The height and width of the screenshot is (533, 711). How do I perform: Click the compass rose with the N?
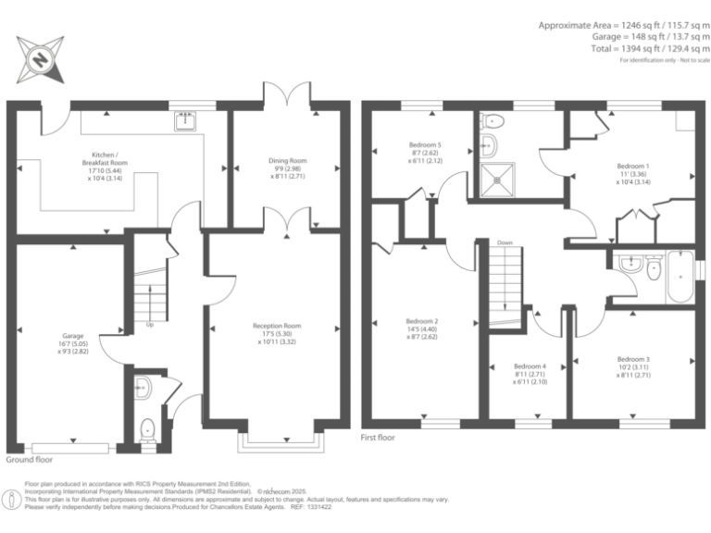click(41, 59)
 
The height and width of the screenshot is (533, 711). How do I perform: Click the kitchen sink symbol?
click(186, 118)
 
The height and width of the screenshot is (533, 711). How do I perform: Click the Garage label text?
click(72, 342)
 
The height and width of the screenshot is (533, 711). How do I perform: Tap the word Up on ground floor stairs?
click(149, 325)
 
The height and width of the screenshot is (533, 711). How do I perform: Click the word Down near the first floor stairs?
click(505, 243)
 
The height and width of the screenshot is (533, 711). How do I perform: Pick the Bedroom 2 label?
click(422, 329)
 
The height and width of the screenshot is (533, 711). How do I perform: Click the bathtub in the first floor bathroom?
click(681, 275)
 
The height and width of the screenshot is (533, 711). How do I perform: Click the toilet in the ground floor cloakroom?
click(146, 430)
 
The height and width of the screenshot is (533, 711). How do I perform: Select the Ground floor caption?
click(29, 459)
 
